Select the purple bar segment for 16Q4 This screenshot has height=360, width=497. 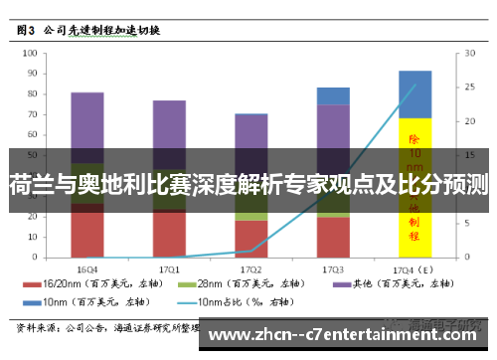click(87, 124)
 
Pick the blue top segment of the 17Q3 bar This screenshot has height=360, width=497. click(333, 95)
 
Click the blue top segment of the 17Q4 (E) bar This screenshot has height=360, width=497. click(414, 93)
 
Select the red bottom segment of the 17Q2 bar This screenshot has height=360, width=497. click(251, 239)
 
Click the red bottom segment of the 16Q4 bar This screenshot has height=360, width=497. click(87, 234)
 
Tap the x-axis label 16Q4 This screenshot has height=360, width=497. click(87, 269)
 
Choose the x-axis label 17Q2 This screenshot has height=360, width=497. click(251, 269)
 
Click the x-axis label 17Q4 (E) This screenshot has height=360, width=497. click(414, 269)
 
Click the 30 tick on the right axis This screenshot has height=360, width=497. click(460, 55)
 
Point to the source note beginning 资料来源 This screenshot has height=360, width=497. click(99, 326)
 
